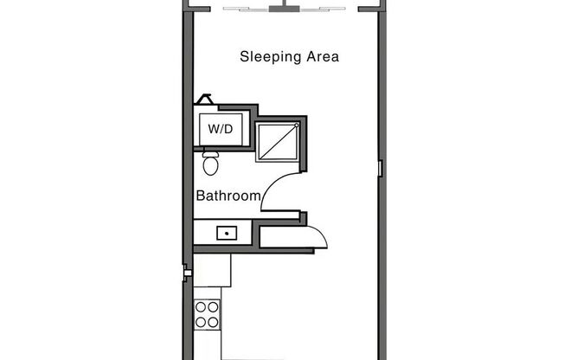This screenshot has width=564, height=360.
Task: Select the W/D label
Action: [220, 129]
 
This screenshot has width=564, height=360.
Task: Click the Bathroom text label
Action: [228, 196]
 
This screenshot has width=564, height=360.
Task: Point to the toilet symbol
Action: [210, 162]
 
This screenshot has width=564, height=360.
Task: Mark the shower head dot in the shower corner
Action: [296, 126]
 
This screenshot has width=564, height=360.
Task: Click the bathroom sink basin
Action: [227, 232]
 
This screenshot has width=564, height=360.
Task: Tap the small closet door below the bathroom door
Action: [317, 234]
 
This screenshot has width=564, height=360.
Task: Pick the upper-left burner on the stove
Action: [201, 307]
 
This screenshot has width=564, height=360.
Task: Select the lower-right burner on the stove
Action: [213, 321]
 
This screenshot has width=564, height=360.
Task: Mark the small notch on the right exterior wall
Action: [380, 168]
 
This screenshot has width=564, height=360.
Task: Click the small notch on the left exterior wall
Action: [186, 273]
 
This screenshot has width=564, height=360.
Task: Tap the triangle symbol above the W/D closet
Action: [205, 100]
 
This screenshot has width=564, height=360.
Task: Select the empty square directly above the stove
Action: [212, 271]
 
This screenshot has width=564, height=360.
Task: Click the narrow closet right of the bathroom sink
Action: [281, 234]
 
